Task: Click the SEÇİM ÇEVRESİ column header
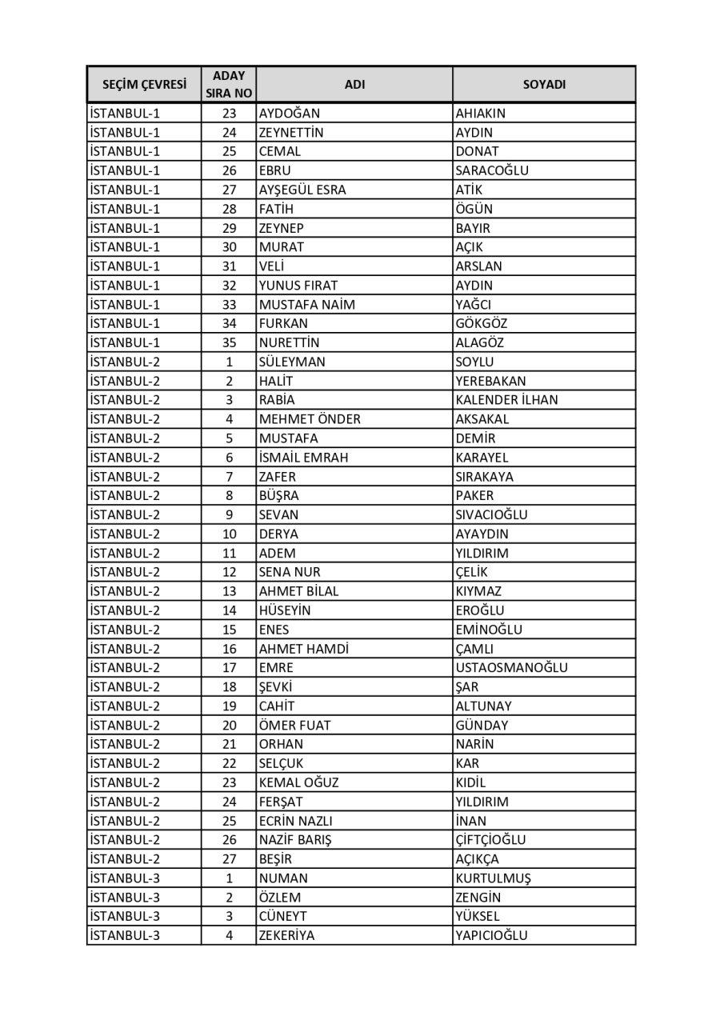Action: tap(144, 84)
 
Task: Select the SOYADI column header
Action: tap(544, 84)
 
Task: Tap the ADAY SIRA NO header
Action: tap(229, 84)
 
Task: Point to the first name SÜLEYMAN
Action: tap(292, 362)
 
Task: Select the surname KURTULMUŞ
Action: tap(493, 878)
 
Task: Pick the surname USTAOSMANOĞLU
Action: tap(511, 668)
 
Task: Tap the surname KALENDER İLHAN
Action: tap(506, 400)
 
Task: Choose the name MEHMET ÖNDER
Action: tap(310, 419)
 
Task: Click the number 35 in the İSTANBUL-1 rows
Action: tap(229, 342)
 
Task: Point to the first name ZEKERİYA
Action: tap(286, 936)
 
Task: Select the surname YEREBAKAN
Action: tap(490, 381)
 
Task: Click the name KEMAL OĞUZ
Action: tap(298, 782)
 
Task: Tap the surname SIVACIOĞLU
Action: tap(491, 515)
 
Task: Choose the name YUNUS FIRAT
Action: tap(298, 286)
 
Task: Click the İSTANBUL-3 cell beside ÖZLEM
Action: tap(125, 898)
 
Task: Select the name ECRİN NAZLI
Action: tap(295, 821)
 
